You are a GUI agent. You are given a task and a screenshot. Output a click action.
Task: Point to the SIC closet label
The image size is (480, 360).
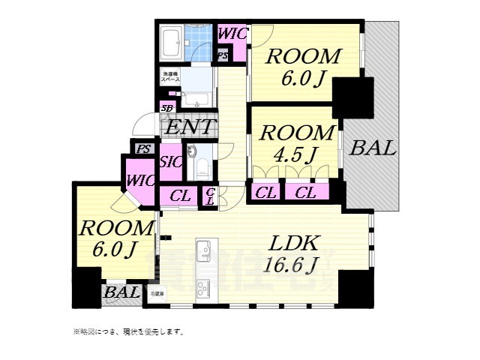[x=170, y=163]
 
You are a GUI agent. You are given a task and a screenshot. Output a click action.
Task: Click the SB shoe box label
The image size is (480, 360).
[x=166, y=109]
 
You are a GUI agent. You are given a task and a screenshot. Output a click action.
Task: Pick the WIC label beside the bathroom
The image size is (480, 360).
[x=232, y=34]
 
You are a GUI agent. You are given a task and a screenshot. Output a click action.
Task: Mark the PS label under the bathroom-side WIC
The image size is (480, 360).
[x=223, y=55]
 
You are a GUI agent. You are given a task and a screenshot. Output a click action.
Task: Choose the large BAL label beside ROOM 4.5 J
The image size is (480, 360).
[x=373, y=148]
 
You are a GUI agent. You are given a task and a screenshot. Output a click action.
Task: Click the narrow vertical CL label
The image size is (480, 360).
[x=211, y=196]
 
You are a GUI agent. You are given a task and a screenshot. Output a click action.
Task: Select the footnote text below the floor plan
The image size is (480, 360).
[x=127, y=331]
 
